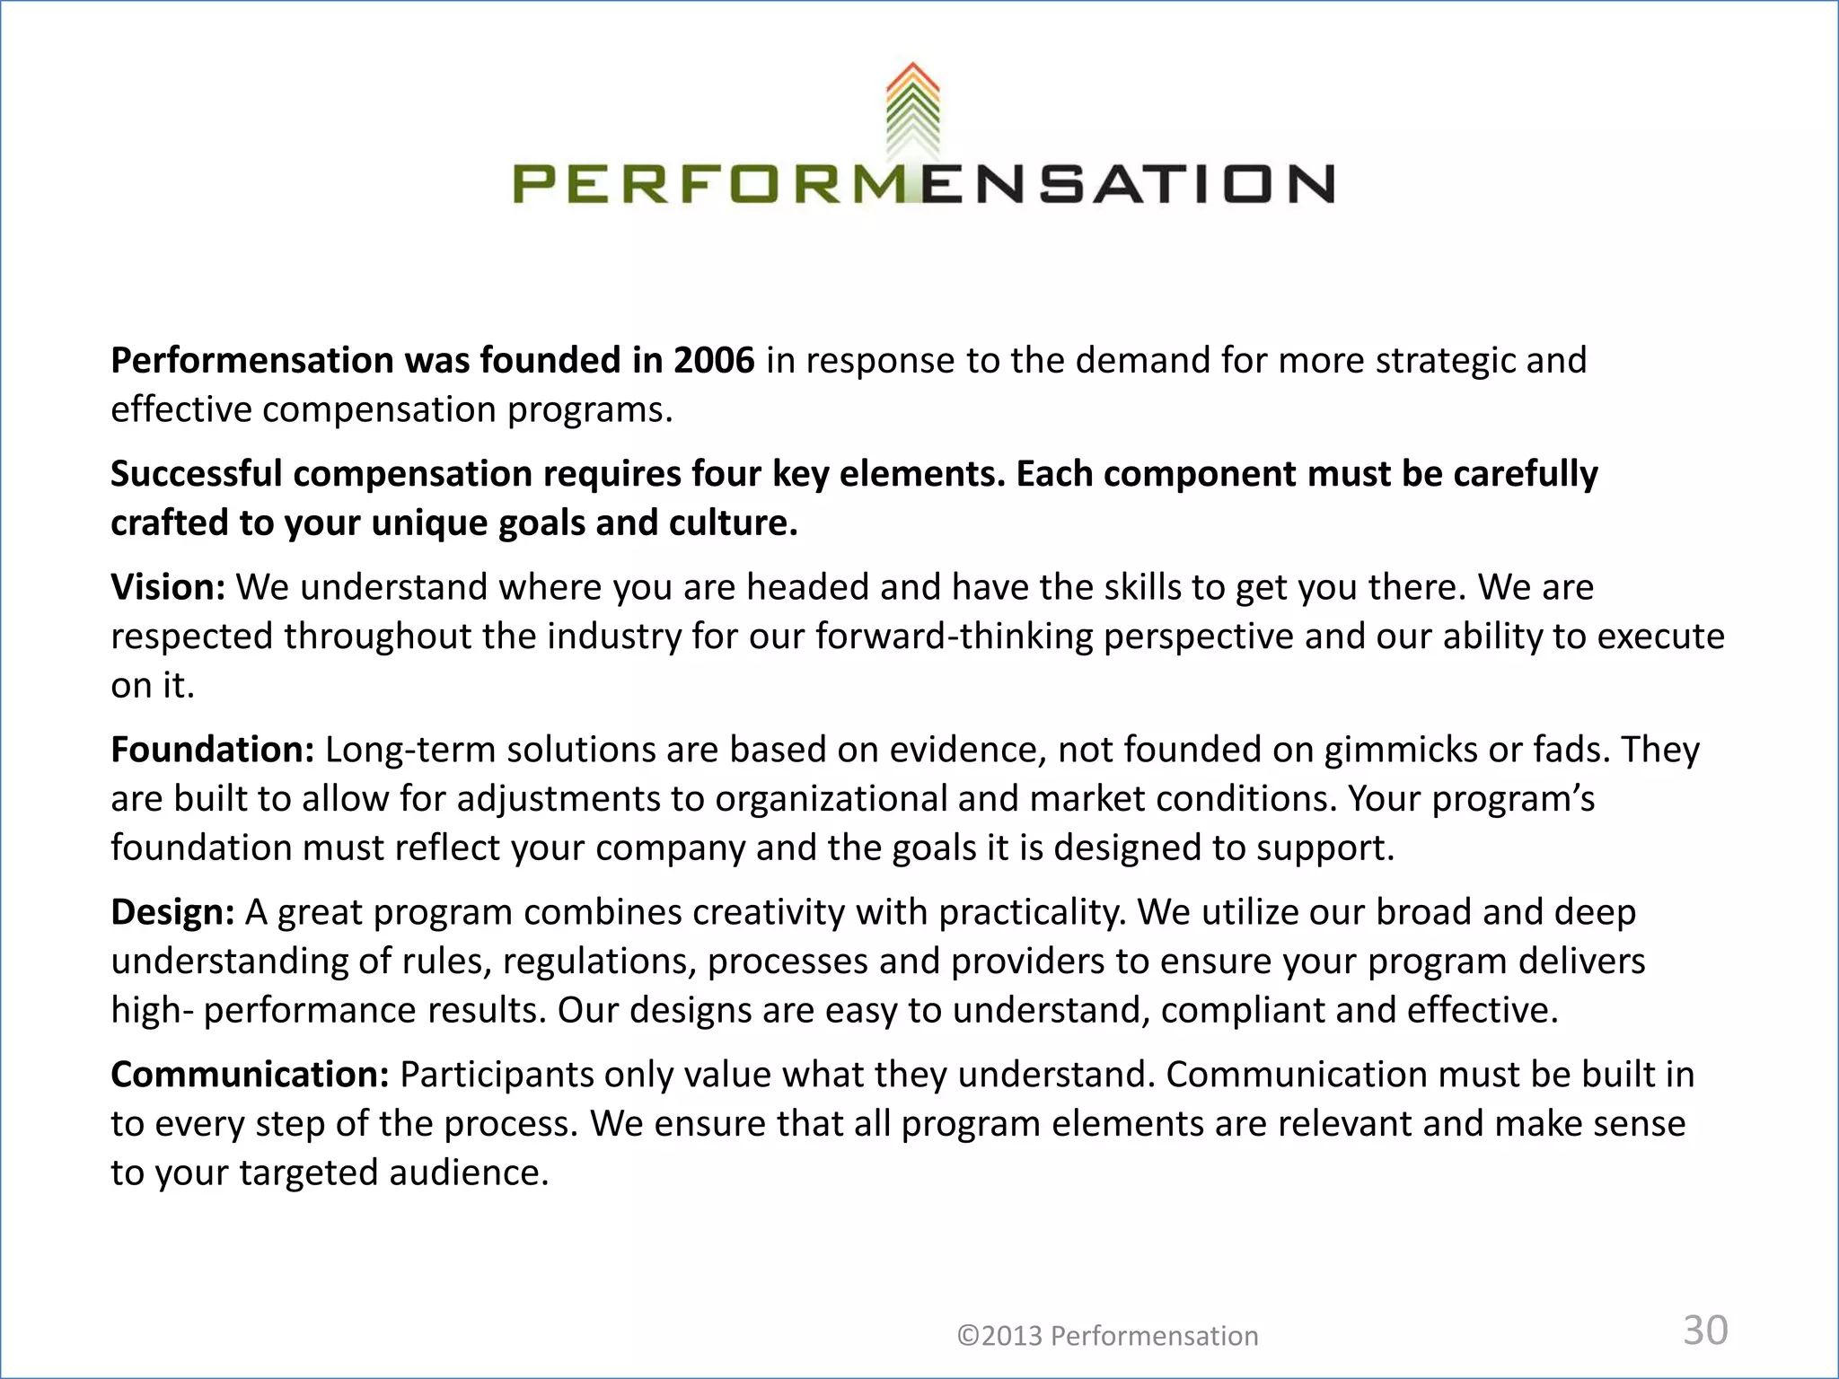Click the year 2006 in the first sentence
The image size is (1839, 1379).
714,361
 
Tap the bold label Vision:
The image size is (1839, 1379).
168,587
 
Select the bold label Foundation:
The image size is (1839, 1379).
212,750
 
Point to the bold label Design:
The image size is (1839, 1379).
172,912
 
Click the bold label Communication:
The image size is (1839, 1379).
250,1075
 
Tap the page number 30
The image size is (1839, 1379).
1705,1331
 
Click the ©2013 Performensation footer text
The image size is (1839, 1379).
1107,1336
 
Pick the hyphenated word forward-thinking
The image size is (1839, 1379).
954,637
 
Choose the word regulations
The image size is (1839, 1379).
599,962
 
